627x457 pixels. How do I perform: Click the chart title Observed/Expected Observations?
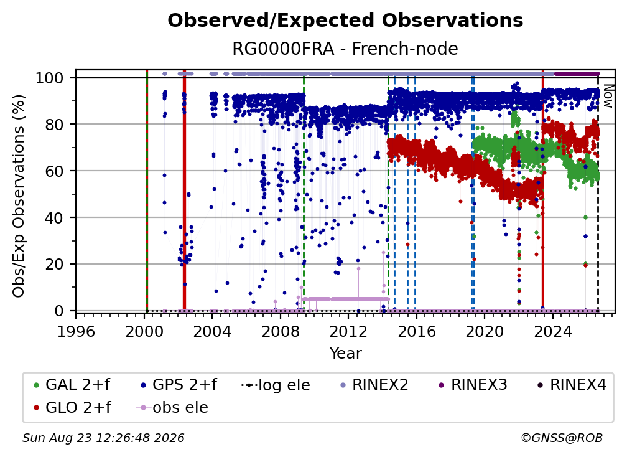pyautogui.click(x=345, y=21)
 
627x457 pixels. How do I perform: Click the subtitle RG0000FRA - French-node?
pyautogui.click(x=345, y=49)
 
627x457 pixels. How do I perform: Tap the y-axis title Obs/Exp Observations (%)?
pyautogui.click(x=19, y=196)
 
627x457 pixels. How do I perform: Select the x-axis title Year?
pyautogui.click(x=345, y=354)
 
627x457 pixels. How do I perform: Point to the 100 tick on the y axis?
pyautogui.click(x=50, y=78)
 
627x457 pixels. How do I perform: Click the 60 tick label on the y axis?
pyautogui.click(x=54, y=171)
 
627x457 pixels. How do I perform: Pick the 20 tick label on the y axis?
pyautogui.click(x=54, y=264)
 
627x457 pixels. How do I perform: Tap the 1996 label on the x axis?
pyautogui.click(x=76, y=331)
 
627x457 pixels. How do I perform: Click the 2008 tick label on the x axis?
pyautogui.click(x=281, y=331)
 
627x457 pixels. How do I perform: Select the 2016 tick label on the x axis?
pyautogui.click(x=417, y=331)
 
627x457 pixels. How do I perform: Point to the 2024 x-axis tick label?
pyautogui.click(x=553, y=331)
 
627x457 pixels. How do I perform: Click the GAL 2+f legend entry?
pyautogui.click(x=72, y=385)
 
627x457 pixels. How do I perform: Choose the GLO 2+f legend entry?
pyautogui.click(x=72, y=407)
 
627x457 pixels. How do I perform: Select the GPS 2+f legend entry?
pyautogui.click(x=179, y=385)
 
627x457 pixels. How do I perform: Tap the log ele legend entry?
pyautogui.click(x=276, y=385)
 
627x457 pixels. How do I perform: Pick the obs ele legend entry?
pyautogui.click(x=172, y=407)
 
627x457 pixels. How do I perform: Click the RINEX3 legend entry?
pyautogui.click(x=473, y=385)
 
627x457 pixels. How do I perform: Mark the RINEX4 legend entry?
pyautogui.click(x=572, y=385)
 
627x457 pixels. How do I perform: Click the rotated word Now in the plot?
pyautogui.click(x=608, y=96)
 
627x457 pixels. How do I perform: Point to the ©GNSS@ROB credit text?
pyautogui.click(x=562, y=438)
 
